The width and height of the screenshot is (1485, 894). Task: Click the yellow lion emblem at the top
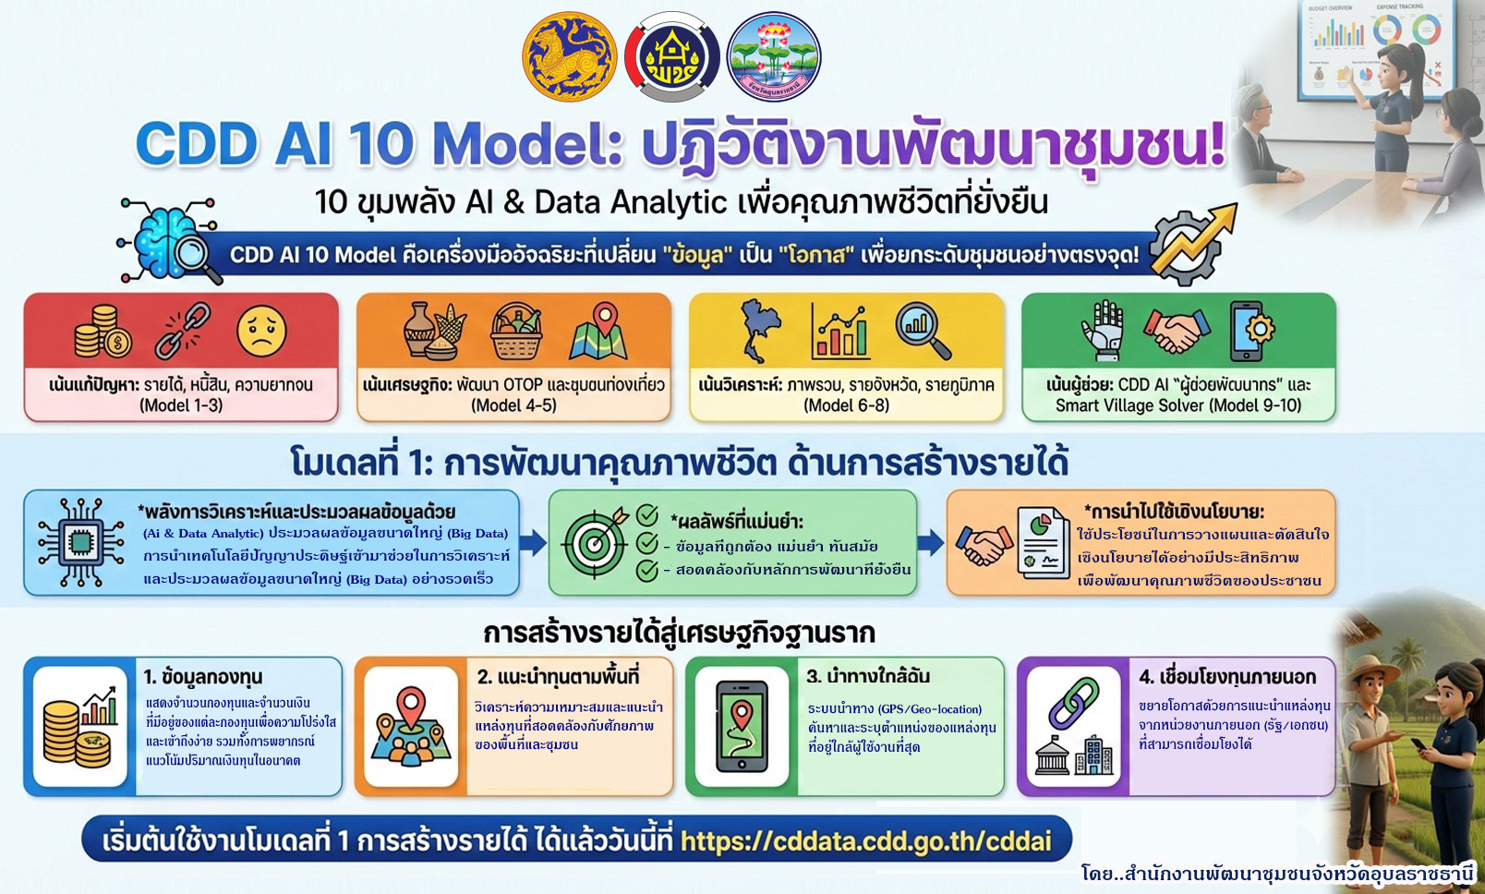[x=569, y=57]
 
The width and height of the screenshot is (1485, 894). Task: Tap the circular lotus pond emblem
[x=773, y=57]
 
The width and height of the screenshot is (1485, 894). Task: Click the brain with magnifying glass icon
[x=172, y=242]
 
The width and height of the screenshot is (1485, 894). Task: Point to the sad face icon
[x=261, y=332]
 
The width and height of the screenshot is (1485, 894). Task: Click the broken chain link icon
[x=182, y=331]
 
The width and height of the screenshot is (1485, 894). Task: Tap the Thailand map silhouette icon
[x=760, y=331]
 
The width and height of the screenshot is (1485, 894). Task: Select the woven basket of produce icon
[x=516, y=332]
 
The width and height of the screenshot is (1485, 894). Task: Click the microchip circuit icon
[x=80, y=542]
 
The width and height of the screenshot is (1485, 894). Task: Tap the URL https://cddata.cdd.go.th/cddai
[x=865, y=841]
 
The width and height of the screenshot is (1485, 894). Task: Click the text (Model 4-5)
[x=513, y=405]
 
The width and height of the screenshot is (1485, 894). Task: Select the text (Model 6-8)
[x=846, y=405]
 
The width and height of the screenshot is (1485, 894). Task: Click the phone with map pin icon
[x=742, y=726]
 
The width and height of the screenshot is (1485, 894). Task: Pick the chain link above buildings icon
[x=1073, y=726]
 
